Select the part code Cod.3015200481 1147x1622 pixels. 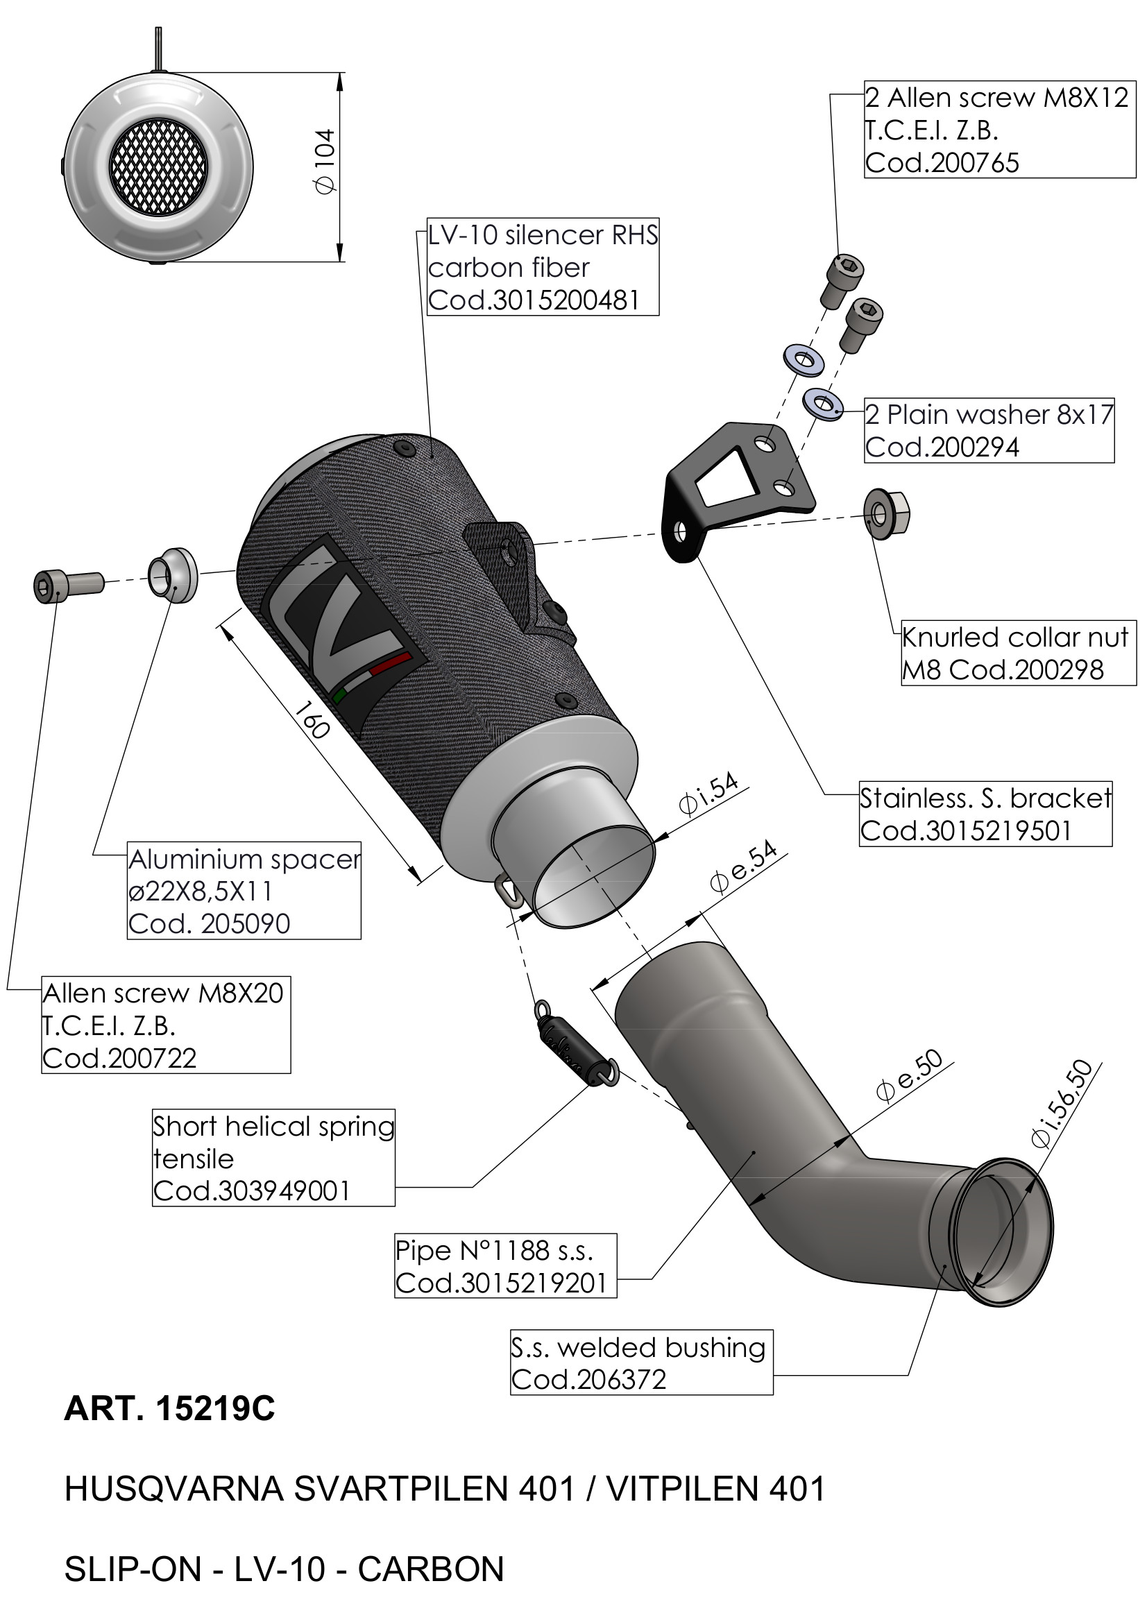coord(534,300)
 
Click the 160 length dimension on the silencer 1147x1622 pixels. coord(312,719)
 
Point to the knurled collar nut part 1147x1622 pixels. coord(887,513)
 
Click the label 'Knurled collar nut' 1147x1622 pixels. coord(1015,637)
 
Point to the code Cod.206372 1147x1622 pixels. coord(588,1379)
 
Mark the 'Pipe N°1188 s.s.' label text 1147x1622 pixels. coord(494,1250)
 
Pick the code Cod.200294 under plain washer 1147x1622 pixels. coord(942,447)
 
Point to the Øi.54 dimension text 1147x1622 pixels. coord(708,795)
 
